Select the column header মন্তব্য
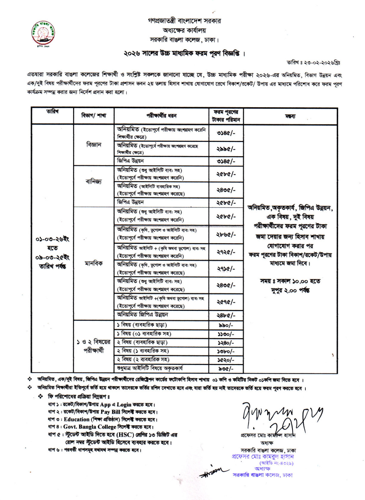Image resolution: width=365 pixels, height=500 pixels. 290,116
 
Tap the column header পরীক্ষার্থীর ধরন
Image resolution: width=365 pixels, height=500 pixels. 161,116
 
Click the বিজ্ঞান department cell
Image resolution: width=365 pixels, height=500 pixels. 94,145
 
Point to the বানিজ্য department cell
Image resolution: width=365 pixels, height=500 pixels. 94,182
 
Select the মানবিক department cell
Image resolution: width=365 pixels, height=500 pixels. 94,263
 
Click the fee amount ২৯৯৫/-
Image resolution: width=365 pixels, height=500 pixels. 226,149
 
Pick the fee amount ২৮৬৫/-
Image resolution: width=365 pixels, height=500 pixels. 226,234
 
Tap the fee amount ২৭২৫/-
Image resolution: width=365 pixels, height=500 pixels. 226,252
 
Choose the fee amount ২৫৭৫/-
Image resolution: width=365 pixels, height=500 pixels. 226,302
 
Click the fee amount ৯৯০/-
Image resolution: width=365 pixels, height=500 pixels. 226,325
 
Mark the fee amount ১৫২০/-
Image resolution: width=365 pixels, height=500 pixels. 226,360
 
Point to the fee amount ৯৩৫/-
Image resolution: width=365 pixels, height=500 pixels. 226,369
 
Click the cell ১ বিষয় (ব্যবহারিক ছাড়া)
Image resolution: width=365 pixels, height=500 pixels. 142,325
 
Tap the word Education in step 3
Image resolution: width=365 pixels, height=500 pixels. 76,419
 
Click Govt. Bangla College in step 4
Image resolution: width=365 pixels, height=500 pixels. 90,427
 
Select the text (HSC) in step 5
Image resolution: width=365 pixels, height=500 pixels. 125,435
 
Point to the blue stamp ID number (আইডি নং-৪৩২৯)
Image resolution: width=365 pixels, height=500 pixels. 276,463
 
